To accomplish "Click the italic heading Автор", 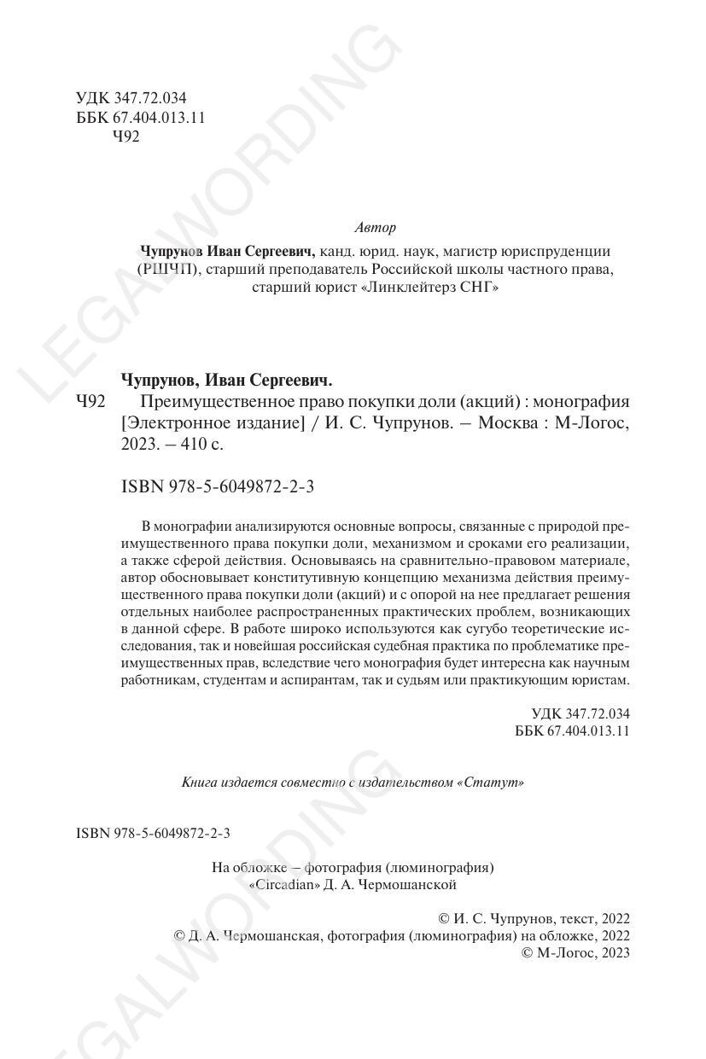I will point(374,228).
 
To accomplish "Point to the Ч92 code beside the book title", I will point(90,401).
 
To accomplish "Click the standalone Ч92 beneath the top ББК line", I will point(125,136).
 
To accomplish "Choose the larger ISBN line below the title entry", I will point(218,486).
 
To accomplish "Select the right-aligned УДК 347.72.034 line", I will point(580,713).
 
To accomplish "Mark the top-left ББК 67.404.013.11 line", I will point(140,117).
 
